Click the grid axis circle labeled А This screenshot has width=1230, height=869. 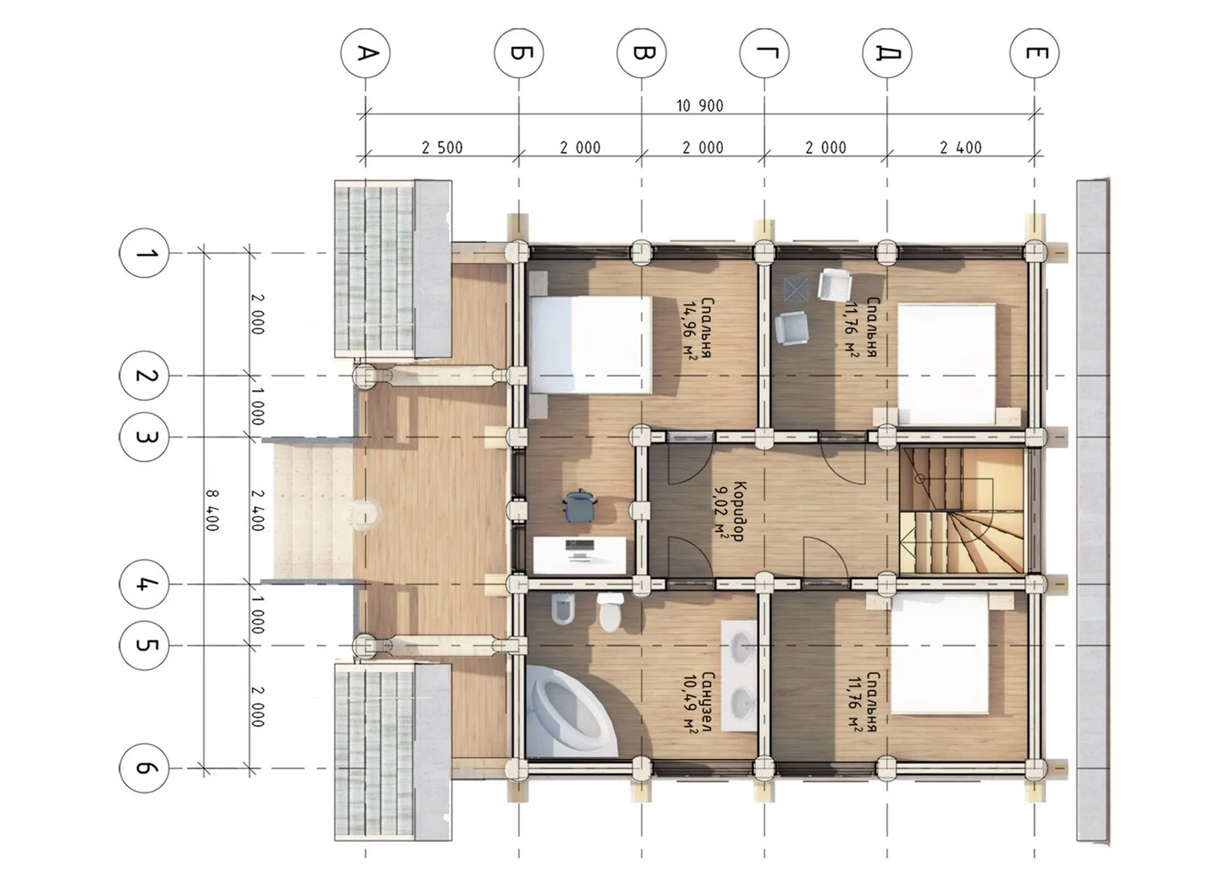click(365, 53)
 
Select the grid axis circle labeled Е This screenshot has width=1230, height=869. click(1035, 53)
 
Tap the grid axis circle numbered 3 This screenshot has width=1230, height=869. click(143, 437)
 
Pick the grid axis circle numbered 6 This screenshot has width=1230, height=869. click(143, 768)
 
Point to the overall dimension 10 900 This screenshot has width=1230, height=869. click(700, 105)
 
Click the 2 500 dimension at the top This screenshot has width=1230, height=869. click(442, 148)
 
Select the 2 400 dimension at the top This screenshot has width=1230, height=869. click(961, 148)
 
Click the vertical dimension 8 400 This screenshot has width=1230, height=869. click(212, 510)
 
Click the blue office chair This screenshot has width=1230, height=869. click(578, 506)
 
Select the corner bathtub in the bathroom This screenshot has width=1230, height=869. click(570, 712)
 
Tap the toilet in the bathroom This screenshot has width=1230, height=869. click(610, 612)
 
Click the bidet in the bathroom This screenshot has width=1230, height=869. click(563, 609)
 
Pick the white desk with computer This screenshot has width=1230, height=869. click(580, 555)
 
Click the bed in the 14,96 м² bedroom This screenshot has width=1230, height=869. click(591, 345)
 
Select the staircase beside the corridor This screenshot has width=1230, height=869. click(962, 512)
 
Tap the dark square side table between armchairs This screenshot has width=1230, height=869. click(797, 289)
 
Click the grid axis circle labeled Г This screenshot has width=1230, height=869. click(764, 53)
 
